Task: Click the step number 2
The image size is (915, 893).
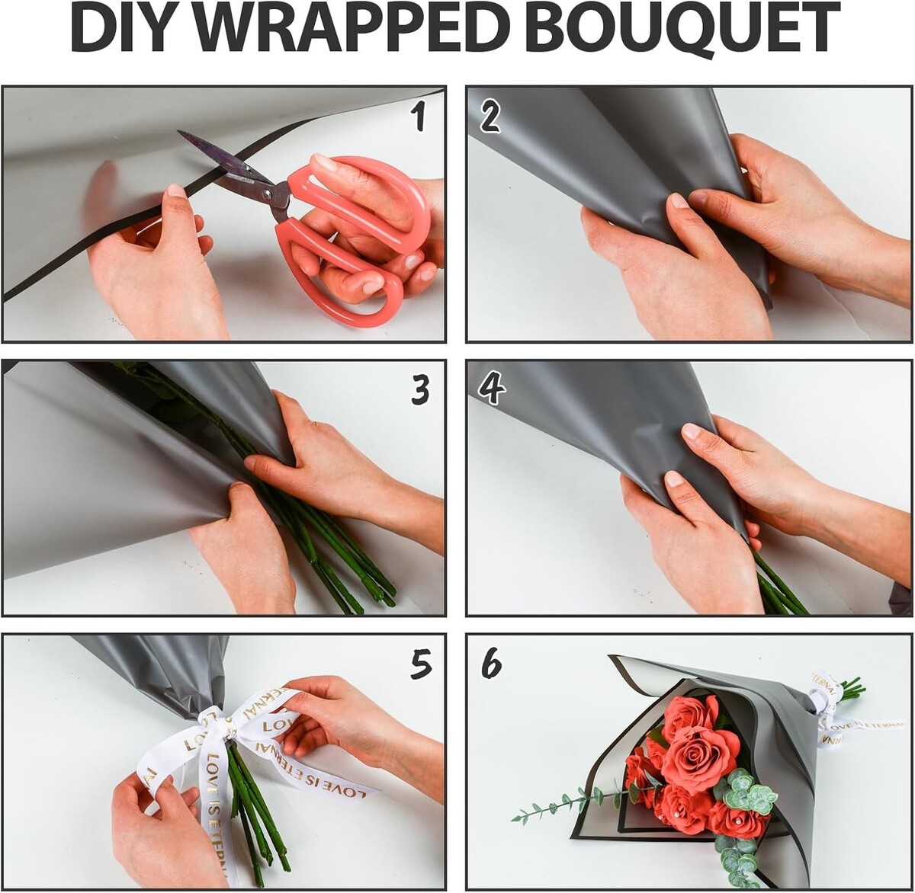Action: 490,118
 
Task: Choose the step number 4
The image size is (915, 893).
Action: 491,391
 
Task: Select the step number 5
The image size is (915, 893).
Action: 420,664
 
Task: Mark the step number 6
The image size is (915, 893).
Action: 491,664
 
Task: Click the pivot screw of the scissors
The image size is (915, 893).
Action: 267,192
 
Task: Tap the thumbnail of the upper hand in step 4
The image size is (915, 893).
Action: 691,430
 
